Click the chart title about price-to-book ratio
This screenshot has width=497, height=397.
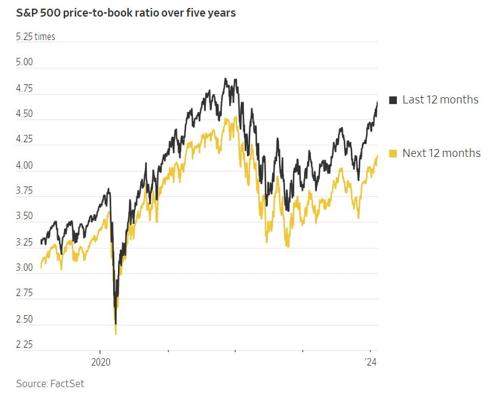pos(126,13)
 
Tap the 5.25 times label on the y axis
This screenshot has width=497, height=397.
pos(36,37)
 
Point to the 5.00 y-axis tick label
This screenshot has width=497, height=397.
pos(25,63)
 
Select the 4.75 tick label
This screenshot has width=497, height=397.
pos(25,89)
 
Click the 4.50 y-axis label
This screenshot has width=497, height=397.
pos(25,114)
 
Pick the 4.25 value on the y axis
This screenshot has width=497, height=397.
pos(25,140)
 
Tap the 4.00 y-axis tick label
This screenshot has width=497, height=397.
pos(25,166)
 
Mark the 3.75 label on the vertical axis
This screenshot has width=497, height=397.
pos(25,191)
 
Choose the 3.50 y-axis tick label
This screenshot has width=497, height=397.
pos(25,217)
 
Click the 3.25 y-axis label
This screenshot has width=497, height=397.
pos(25,243)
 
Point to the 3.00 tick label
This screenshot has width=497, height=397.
pos(25,268)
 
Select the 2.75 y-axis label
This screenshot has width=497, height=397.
pos(25,294)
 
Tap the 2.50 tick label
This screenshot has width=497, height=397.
pos(25,319)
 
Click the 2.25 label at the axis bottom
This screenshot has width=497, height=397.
pos(25,345)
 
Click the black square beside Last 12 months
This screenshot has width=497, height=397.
pos(393,100)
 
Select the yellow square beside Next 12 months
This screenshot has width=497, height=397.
pos(393,153)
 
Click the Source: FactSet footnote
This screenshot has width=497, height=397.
pos(50,383)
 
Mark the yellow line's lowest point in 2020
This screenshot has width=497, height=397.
pos(115,333)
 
